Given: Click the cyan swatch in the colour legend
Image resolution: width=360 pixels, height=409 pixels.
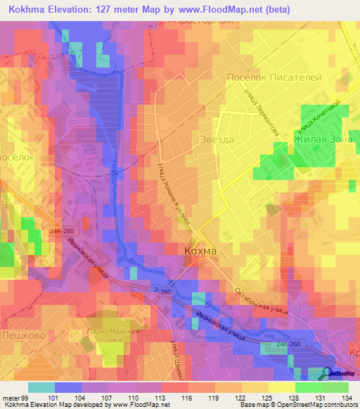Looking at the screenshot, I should pos(41,387).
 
